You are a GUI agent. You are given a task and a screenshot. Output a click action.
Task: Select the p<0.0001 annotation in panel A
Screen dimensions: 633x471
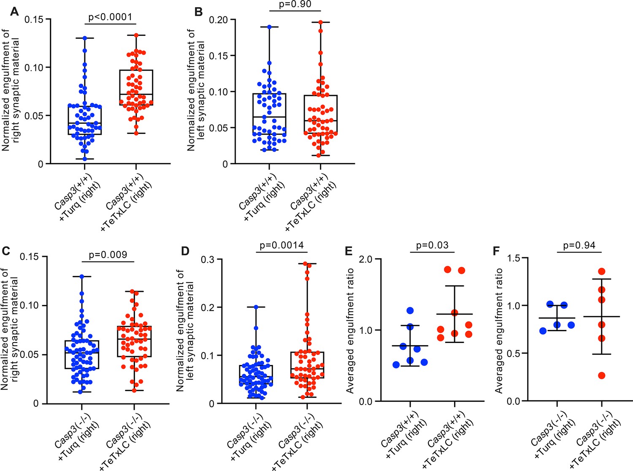[111, 17]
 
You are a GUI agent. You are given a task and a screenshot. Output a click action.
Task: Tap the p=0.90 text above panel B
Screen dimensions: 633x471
[295, 4]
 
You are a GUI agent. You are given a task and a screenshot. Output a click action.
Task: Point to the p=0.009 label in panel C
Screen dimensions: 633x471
[108, 254]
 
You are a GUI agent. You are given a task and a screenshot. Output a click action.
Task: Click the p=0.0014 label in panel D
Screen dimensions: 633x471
[281, 245]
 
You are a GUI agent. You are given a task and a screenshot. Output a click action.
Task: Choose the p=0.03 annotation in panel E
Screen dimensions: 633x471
[432, 245]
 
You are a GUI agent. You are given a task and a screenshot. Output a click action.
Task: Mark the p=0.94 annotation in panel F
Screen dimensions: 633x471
[579, 245]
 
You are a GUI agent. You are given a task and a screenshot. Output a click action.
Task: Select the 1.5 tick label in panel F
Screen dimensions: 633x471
[513, 258]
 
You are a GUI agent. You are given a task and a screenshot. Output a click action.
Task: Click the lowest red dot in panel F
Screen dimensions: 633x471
[602, 376]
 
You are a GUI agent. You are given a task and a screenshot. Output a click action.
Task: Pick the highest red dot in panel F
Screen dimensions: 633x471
[602, 271]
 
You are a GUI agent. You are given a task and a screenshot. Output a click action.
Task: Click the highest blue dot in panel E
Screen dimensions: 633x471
[410, 310]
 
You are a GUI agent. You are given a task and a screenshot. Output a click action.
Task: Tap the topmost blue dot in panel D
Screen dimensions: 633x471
[256, 307]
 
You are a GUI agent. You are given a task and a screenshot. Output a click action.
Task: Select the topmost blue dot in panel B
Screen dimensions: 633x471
[269, 27]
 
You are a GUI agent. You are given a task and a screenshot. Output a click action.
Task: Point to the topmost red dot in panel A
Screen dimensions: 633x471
[136, 35]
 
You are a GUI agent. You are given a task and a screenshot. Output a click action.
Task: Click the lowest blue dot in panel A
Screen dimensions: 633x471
[85, 159]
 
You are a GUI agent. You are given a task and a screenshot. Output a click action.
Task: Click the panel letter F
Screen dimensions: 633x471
[497, 251]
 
